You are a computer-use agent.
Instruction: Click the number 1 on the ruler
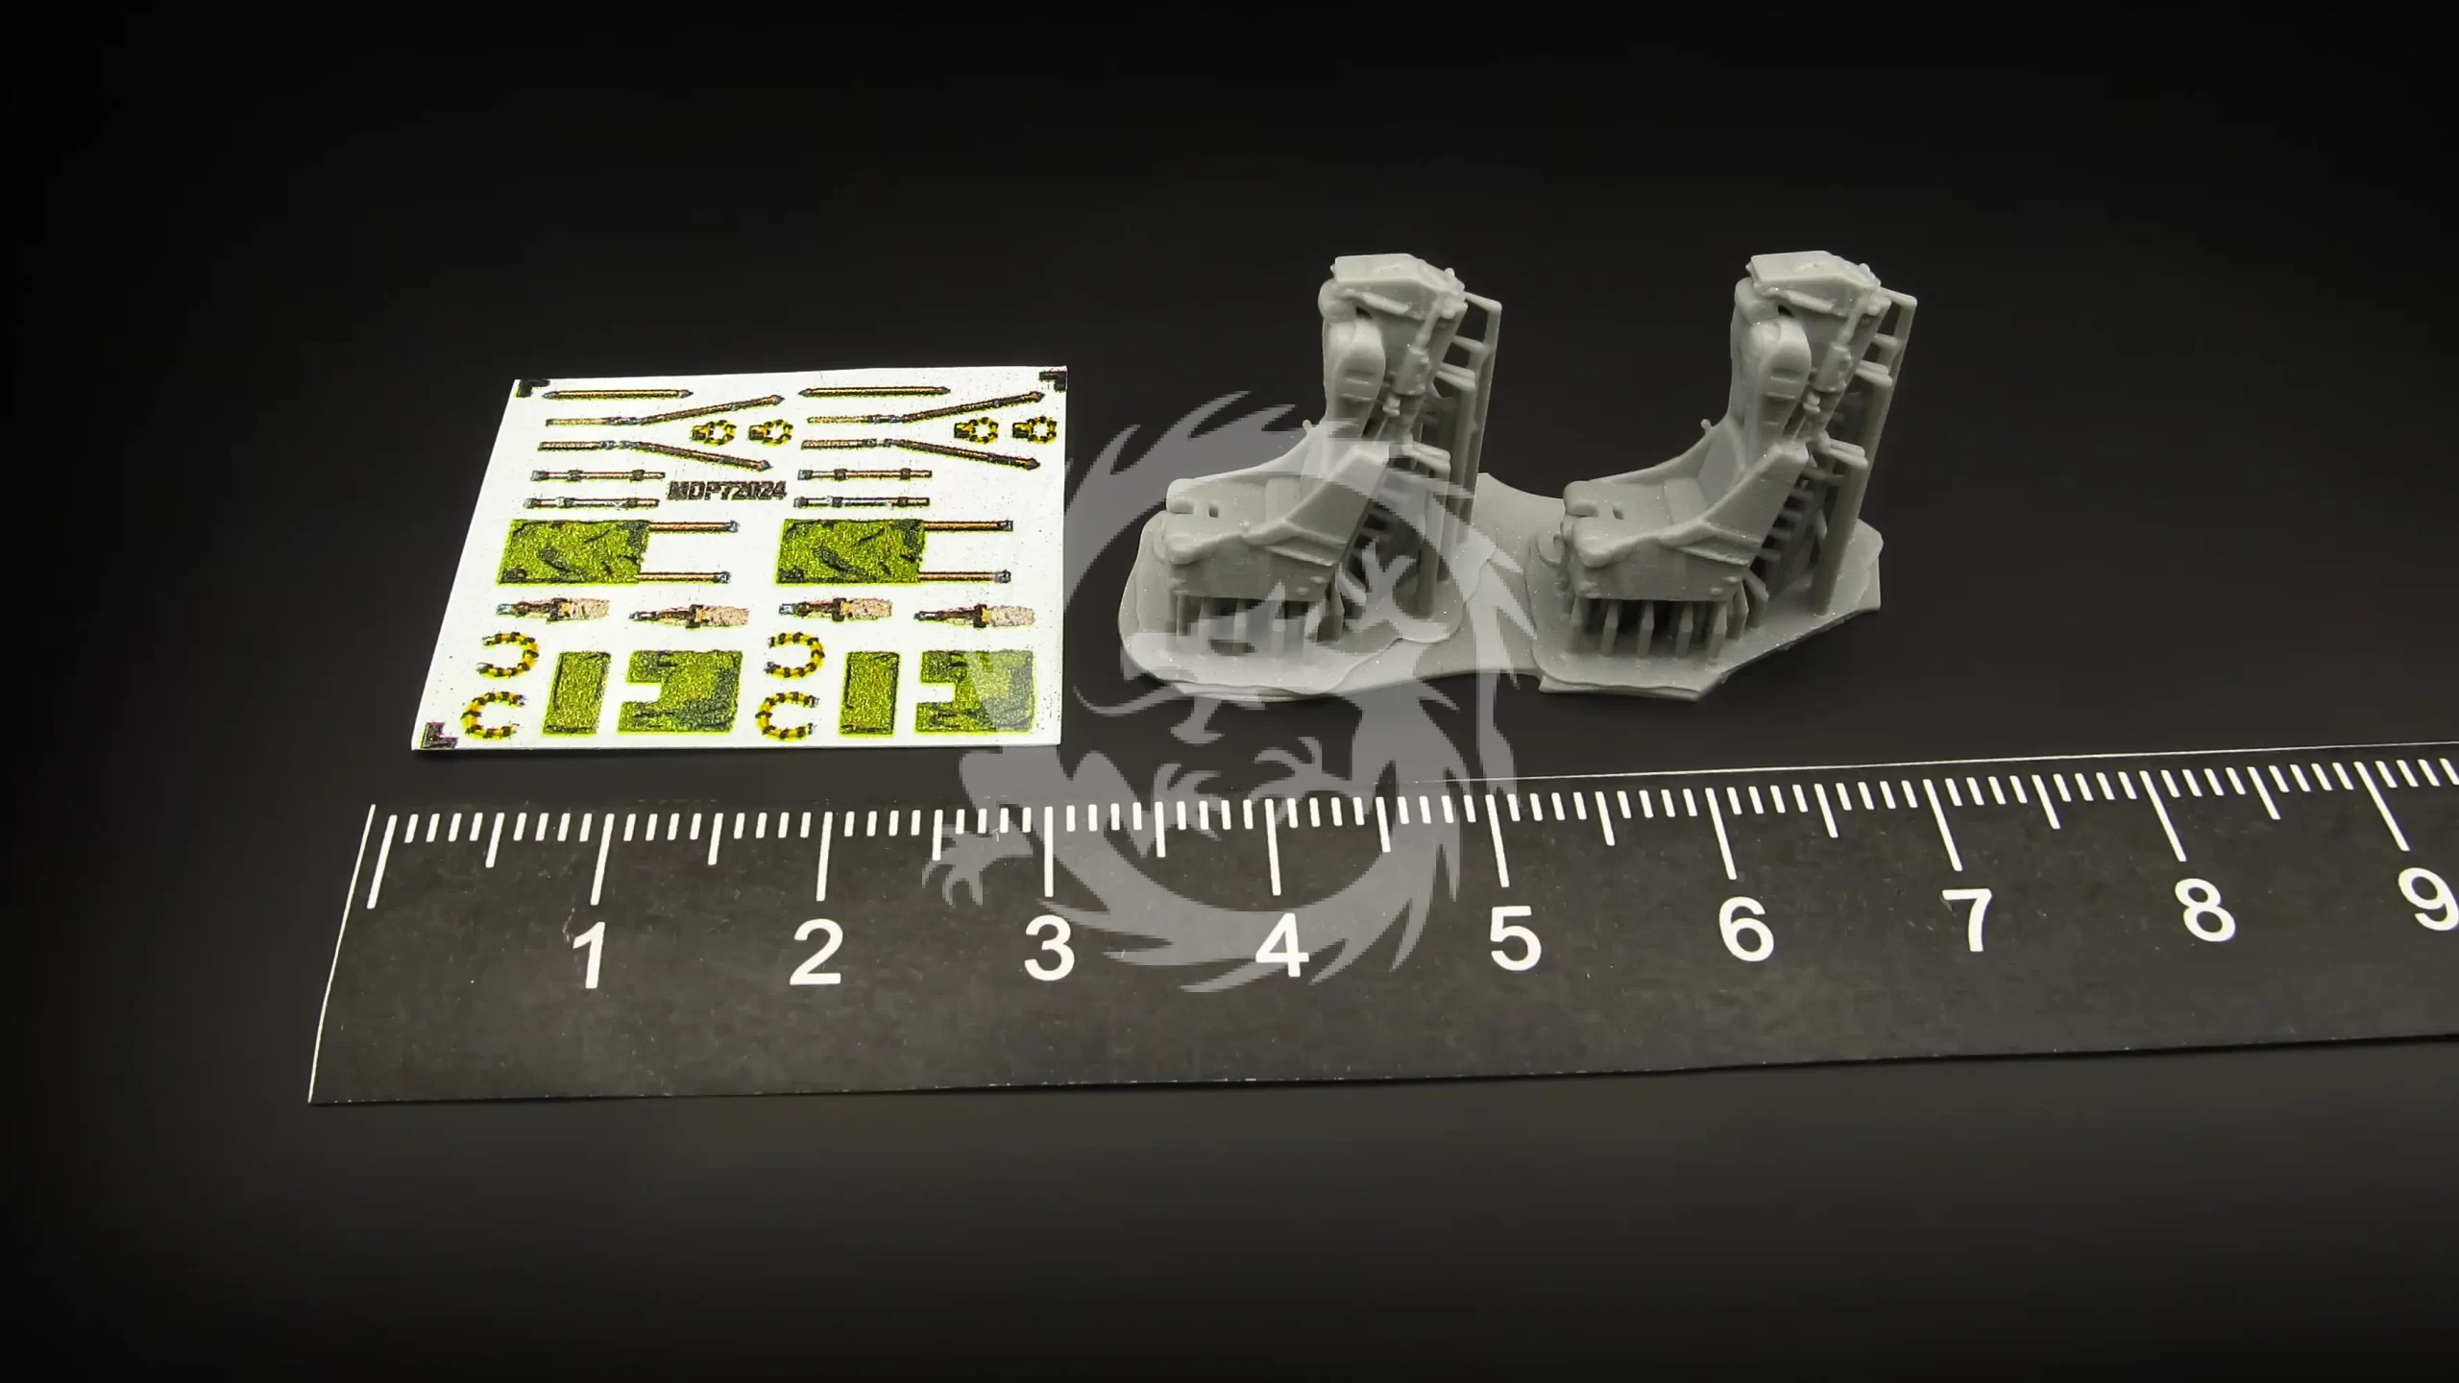(591, 953)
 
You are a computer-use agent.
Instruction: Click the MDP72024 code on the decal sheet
(727, 490)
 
